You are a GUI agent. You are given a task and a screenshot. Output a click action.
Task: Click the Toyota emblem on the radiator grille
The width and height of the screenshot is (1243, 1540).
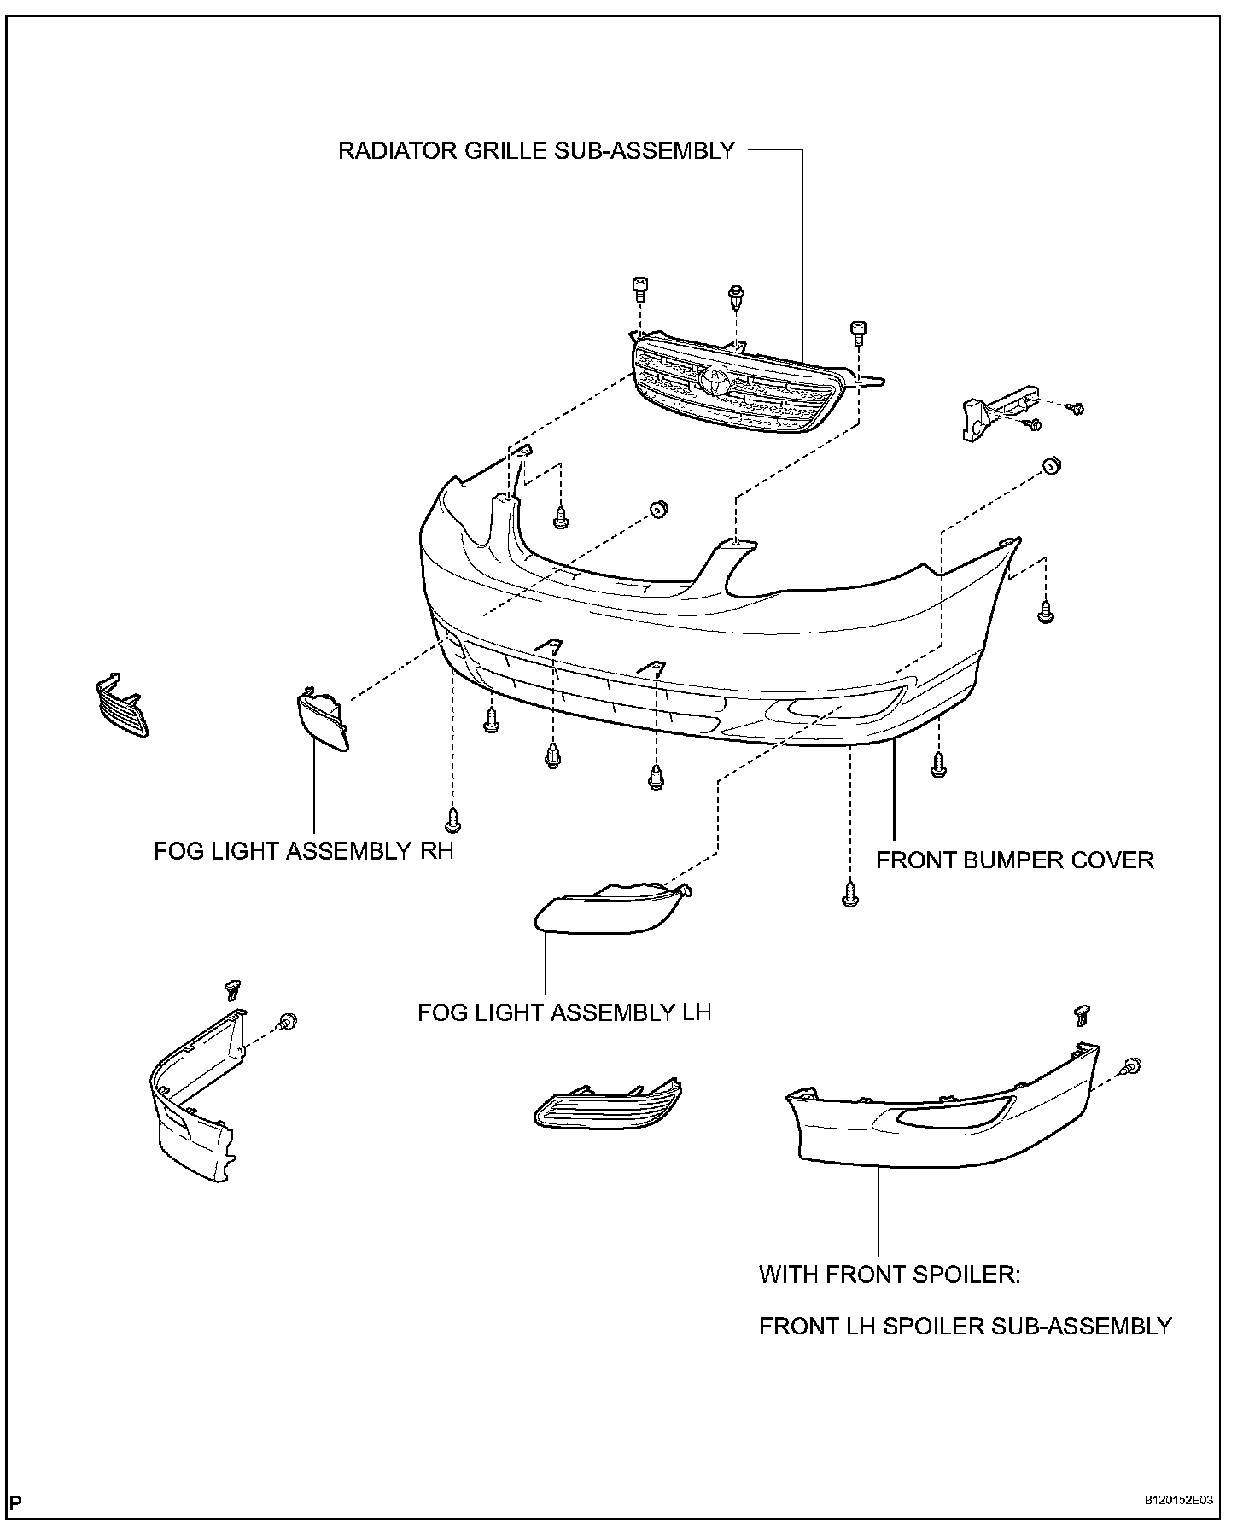pyautogui.click(x=714, y=380)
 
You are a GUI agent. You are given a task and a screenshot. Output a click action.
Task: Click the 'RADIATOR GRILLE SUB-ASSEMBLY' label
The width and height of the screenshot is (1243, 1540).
pyautogui.click(x=536, y=151)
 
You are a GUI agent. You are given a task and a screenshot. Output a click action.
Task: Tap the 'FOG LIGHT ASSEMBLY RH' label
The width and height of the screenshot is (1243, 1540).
pyautogui.click(x=303, y=851)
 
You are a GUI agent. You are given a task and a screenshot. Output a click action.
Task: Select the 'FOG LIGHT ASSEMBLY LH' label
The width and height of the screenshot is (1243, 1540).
pyautogui.click(x=563, y=1012)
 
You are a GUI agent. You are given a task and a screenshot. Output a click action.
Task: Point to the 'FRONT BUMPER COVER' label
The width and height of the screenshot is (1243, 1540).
pyautogui.click(x=1014, y=860)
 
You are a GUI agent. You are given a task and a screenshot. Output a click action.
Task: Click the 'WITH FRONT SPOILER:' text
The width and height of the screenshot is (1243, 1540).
pyautogui.click(x=890, y=1275)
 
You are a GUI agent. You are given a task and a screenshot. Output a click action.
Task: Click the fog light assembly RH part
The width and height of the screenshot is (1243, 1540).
pyautogui.click(x=322, y=720)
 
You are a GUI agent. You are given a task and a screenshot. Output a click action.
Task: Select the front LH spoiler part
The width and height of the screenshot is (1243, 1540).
pyautogui.click(x=939, y=1108)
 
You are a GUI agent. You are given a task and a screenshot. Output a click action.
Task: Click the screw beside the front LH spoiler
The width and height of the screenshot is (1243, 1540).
pyautogui.click(x=1132, y=1065)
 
